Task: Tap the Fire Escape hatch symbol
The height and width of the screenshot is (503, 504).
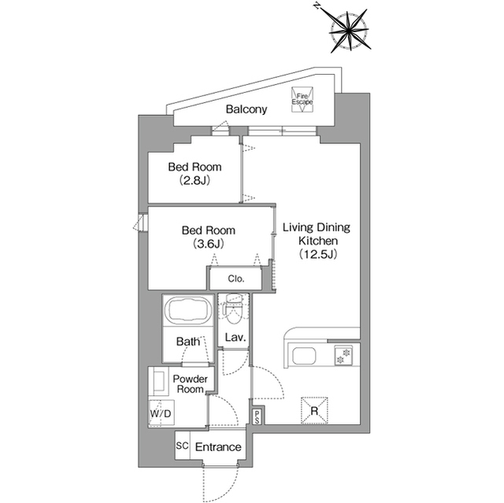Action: click(x=302, y=99)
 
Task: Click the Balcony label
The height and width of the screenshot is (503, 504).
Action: click(x=246, y=109)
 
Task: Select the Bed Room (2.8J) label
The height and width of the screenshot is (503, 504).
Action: click(x=195, y=174)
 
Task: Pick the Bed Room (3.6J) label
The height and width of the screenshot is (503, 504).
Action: click(x=208, y=237)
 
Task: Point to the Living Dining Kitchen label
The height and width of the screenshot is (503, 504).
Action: click(x=317, y=234)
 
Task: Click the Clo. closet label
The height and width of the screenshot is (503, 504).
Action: click(x=236, y=279)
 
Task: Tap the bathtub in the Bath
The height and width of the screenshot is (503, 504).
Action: click(x=188, y=309)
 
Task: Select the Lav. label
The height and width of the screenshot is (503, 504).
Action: click(x=235, y=337)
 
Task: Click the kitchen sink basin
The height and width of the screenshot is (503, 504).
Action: click(x=304, y=356)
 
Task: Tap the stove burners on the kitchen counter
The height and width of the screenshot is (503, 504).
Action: click(x=343, y=355)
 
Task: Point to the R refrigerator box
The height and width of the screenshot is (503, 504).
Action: click(x=314, y=410)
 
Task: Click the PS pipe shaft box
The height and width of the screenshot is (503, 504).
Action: click(x=258, y=417)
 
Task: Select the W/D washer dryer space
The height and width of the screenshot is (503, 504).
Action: click(x=161, y=413)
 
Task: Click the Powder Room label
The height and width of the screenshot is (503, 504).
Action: click(x=191, y=384)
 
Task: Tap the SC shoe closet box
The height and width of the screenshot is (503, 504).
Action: click(x=182, y=446)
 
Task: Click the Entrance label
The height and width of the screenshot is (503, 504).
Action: click(x=218, y=447)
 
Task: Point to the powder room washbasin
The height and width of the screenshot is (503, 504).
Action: click(x=159, y=381)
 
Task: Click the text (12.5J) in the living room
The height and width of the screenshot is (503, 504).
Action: click(x=318, y=254)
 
